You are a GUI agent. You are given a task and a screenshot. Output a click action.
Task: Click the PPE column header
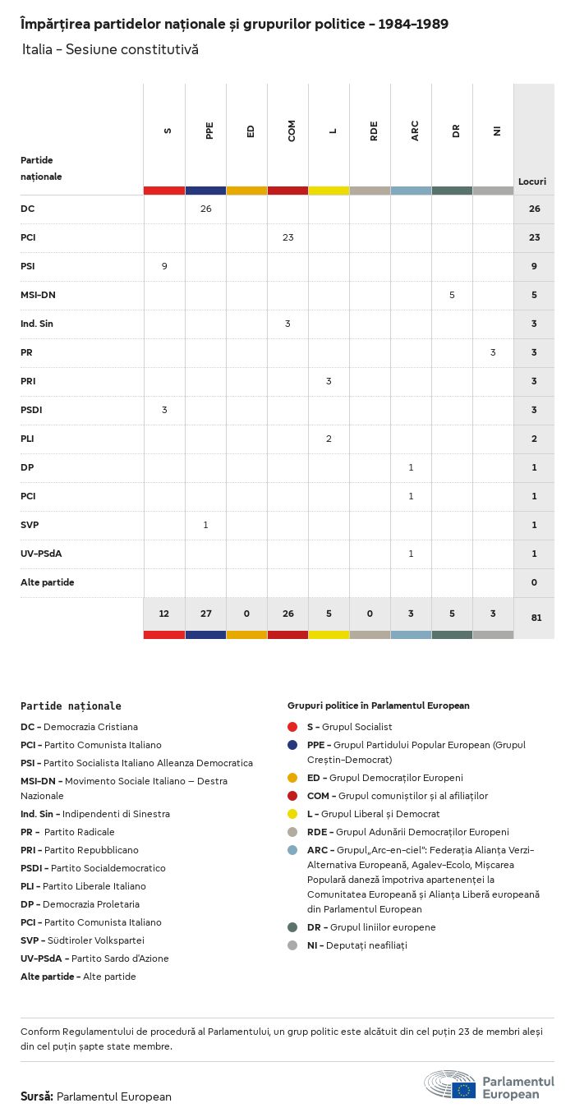point(209,131)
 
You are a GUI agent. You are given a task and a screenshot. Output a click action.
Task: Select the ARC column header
point(415,131)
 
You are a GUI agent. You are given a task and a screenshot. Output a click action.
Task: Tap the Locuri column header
point(532,182)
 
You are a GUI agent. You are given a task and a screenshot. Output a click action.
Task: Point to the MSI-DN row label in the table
point(38,295)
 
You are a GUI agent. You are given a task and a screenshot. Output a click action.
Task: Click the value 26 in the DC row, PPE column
point(205,209)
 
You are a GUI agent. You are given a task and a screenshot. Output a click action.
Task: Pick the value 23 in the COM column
point(287,237)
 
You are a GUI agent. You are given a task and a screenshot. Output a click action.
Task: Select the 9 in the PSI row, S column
point(164,266)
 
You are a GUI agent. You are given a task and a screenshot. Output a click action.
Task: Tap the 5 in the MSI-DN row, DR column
point(452,295)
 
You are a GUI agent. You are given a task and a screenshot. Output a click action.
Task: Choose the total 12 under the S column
point(164,614)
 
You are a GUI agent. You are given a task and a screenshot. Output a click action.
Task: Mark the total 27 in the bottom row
point(205,614)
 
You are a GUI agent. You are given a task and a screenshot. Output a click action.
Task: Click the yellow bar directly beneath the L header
point(329,191)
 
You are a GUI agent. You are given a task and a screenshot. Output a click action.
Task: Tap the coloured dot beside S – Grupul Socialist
point(292,727)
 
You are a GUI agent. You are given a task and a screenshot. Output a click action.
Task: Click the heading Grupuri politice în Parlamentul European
point(378,706)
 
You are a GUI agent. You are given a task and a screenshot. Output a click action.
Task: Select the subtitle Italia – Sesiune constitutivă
point(110,49)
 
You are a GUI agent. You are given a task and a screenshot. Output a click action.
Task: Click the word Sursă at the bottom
point(36,1096)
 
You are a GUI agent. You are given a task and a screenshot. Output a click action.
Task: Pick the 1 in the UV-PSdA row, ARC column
point(411,554)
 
